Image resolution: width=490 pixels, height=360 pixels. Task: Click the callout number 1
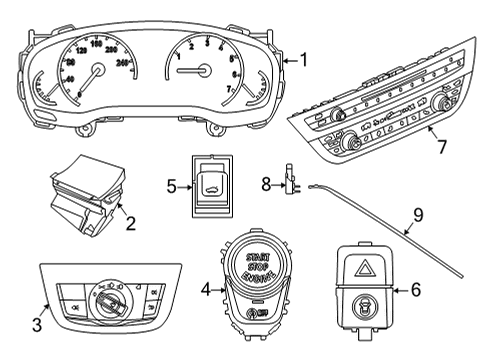tap(303, 60)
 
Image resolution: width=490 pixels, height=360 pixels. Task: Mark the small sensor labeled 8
tap(291, 180)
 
